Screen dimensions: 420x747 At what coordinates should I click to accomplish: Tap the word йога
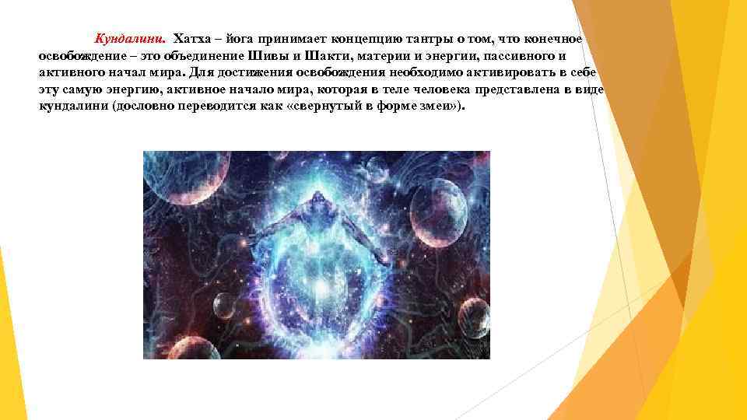click(233, 38)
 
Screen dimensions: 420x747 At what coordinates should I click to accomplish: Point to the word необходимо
click(423, 72)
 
